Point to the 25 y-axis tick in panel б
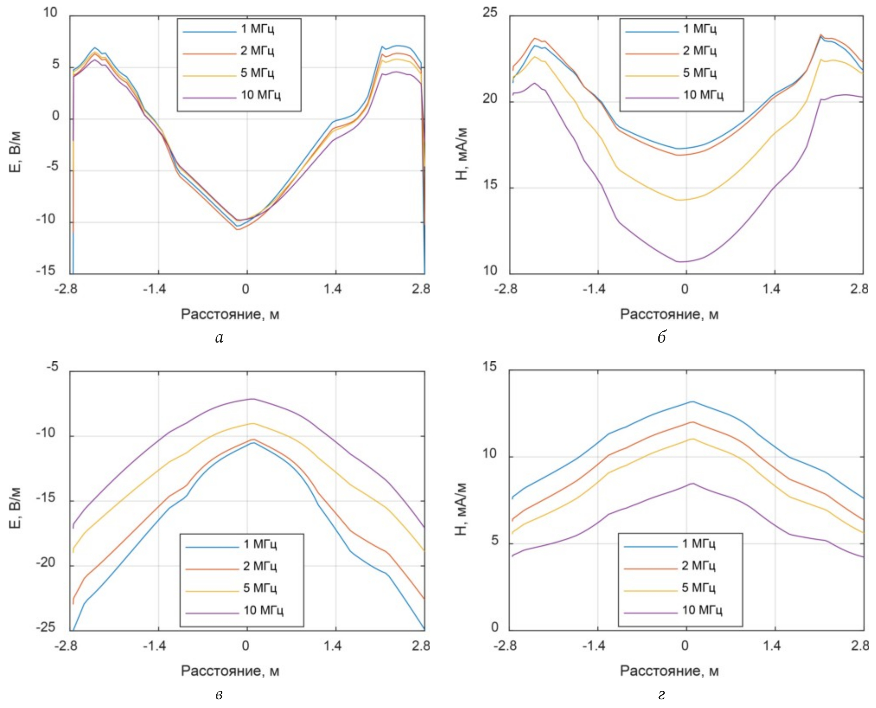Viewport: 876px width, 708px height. point(490,13)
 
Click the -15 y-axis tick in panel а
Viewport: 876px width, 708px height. point(46,271)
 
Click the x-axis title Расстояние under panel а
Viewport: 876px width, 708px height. point(230,314)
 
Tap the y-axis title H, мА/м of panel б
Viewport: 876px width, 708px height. point(462,154)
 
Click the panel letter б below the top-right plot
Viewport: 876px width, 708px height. point(661,338)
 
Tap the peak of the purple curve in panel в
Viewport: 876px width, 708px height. point(253,399)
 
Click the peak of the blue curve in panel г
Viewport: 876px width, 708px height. point(692,401)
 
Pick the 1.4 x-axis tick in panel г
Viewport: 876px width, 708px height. point(772,646)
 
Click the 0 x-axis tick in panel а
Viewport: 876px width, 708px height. point(246,289)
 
